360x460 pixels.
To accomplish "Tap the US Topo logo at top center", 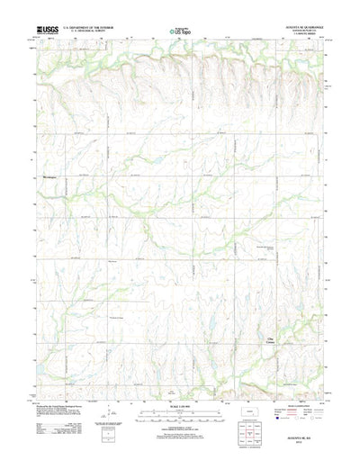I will pos(180,32).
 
